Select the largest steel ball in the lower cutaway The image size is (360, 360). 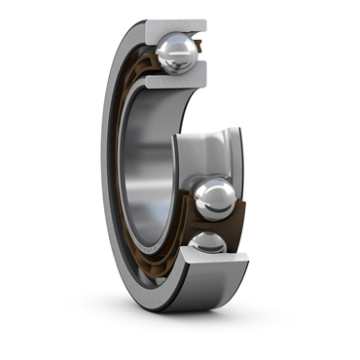[x=214, y=198]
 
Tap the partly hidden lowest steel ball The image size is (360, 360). [x=207, y=242]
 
